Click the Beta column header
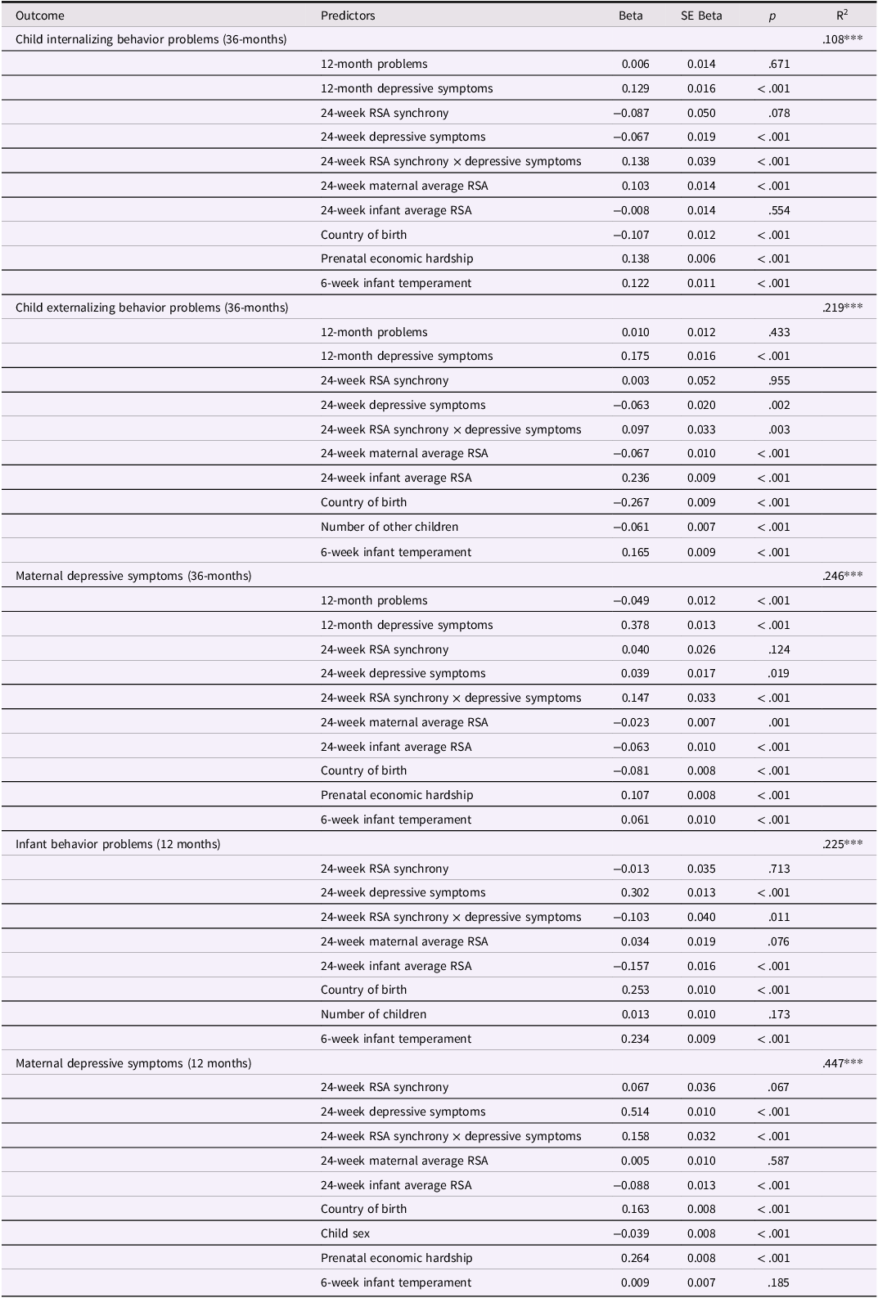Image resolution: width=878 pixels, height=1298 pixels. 630,16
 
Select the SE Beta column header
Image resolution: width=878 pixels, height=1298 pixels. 701,16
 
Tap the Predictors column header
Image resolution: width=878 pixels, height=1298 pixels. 348,16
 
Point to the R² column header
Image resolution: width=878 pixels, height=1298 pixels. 842,15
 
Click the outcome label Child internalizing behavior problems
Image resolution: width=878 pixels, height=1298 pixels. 151,39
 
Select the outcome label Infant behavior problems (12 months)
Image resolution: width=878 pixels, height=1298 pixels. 118,844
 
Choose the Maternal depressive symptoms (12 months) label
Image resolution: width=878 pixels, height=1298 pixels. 133,1063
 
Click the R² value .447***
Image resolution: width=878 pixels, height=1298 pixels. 842,1063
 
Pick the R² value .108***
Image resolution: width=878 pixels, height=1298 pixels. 842,39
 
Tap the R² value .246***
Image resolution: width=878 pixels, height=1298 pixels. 842,576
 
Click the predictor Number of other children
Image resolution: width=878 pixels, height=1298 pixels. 389,527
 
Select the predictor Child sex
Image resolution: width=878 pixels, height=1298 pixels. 345,1233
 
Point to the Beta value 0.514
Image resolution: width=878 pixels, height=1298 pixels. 635,1112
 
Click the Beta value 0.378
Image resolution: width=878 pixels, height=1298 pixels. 635,625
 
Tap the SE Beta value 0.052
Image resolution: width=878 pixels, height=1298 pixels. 701,380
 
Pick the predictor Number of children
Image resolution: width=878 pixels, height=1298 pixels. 373,1014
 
